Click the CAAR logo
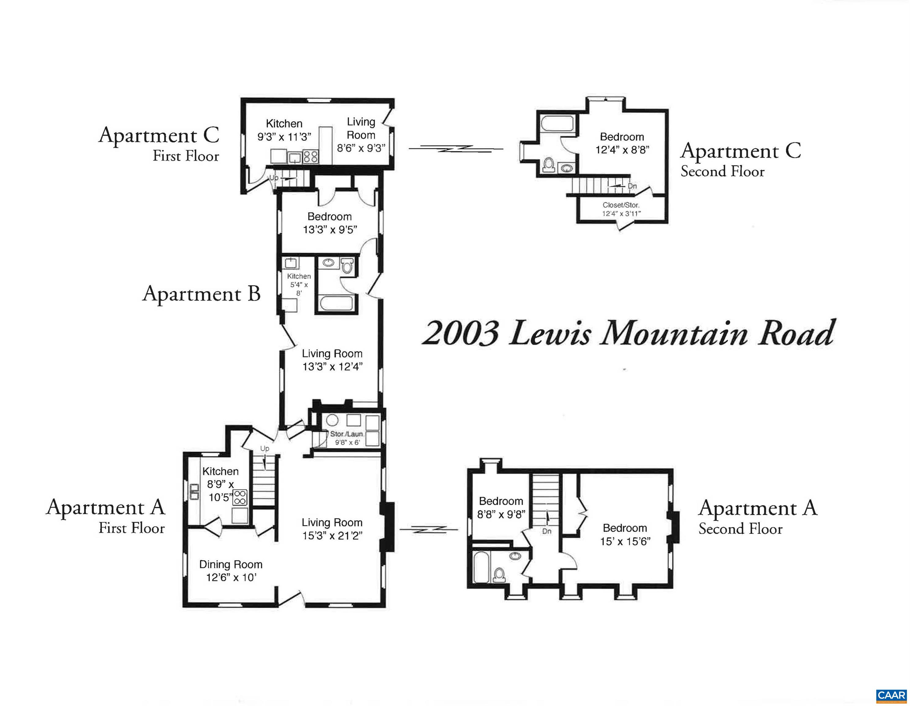(890, 695)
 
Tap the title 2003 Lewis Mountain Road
(628, 333)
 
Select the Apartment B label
(201, 294)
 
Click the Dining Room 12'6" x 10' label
(231, 571)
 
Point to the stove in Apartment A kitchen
(240, 497)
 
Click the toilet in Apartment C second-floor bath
(548, 165)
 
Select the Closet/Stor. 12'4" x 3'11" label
(621, 209)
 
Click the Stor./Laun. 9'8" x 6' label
(347, 438)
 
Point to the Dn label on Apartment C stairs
(632, 186)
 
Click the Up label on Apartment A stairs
(265, 448)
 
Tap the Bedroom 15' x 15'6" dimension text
(625, 541)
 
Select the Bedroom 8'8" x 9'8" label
(501, 508)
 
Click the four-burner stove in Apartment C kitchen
(310, 157)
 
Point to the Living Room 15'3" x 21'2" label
(332, 529)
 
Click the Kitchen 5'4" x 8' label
(299, 284)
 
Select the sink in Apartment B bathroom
(329, 263)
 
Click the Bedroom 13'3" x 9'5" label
(330, 223)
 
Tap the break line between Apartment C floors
(456, 148)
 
